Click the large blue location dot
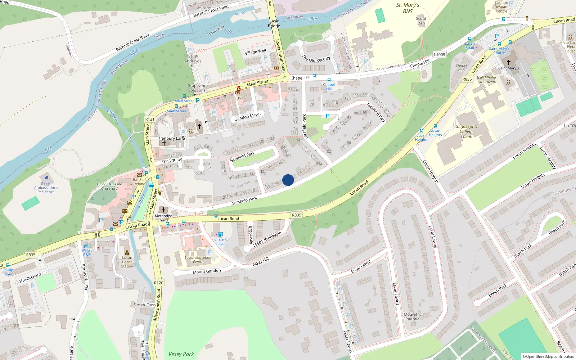[x=288, y=180]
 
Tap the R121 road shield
[x=150, y=119]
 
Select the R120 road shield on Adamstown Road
[x=158, y=283]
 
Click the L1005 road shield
[x=439, y=55]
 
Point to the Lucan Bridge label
[x=274, y=23]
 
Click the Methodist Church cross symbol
[x=163, y=210]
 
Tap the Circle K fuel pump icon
[x=220, y=234]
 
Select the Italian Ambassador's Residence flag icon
[x=46, y=179]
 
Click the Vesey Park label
[x=181, y=354]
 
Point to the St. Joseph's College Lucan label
[x=467, y=131]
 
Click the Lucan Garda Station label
[x=127, y=262]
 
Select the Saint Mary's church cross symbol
[x=508, y=62]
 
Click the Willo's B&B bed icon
[x=86, y=246]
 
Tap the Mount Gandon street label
[x=207, y=271]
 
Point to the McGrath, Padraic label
[x=412, y=316]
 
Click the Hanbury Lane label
[x=172, y=138]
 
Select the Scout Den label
[x=421, y=21]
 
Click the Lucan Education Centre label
[x=198, y=259]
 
